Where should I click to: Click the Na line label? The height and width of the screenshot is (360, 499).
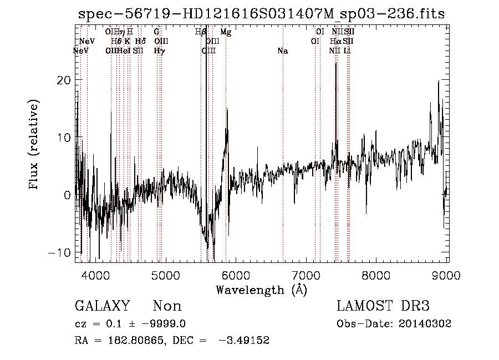[x=283, y=51]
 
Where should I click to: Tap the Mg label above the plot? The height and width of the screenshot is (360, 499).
[x=226, y=32]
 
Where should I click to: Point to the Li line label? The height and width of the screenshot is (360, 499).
[x=347, y=51]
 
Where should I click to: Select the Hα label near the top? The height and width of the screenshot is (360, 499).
[x=335, y=41]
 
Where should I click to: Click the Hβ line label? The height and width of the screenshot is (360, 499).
[x=201, y=32]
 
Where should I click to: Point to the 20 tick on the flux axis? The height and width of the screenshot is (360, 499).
[x=65, y=80]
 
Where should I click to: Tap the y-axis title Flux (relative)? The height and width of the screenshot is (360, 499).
[x=34, y=145]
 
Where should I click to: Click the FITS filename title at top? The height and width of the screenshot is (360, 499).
[x=261, y=14]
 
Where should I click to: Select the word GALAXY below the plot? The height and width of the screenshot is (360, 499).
[x=102, y=306]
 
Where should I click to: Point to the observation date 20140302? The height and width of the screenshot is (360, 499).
[x=426, y=324]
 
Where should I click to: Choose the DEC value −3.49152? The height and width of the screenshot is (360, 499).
[x=244, y=341]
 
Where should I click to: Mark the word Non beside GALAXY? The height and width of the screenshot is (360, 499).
[x=167, y=306]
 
